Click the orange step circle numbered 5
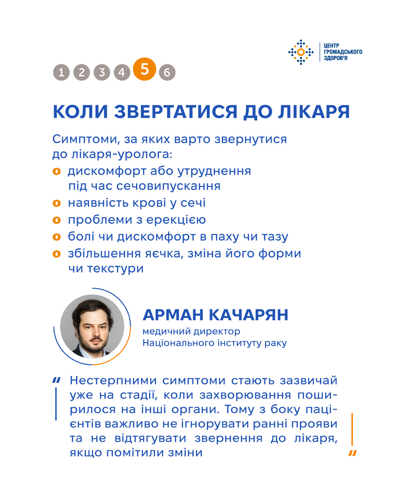(144, 69)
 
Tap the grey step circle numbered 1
(61, 72)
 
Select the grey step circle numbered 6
(167, 72)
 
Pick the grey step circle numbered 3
(102, 72)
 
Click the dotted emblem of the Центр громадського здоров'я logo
(301, 52)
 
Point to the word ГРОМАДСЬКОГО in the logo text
(343, 52)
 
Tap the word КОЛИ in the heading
(80, 112)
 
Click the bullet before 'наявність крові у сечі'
(57, 203)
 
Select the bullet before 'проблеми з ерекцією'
(57, 220)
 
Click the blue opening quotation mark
(56, 380)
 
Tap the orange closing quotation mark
(352, 453)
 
